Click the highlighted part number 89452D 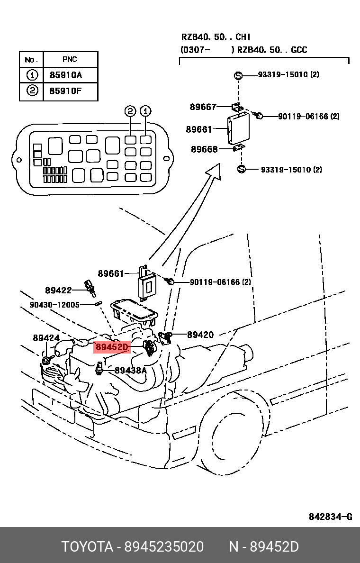pyautogui.click(x=112, y=347)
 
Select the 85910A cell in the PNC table pyautogui.click(x=71, y=75)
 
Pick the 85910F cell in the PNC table pyautogui.click(x=71, y=91)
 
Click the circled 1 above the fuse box pyautogui.click(x=145, y=111)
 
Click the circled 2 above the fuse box pyautogui.click(x=130, y=111)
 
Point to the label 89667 pyautogui.click(x=203, y=107)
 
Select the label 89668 pyautogui.click(x=204, y=149)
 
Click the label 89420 pyautogui.click(x=200, y=335)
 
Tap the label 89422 pyautogui.click(x=59, y=290)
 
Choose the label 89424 pyautogui.click(x=46, y=338)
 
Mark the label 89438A pyautogui.click(x=131, y=370)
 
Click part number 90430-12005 pyautogui.click(x=54, y=305)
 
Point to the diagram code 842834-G pyautogui.click(x=331, y=517)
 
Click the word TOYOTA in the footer pyautogui.click(x=87, y=547)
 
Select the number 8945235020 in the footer pyautogui.click(x=164, y=547)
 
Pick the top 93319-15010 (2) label pyautogui.click(x=288, y=75)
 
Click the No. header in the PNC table pyautogui.click(x=31, y=60)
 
